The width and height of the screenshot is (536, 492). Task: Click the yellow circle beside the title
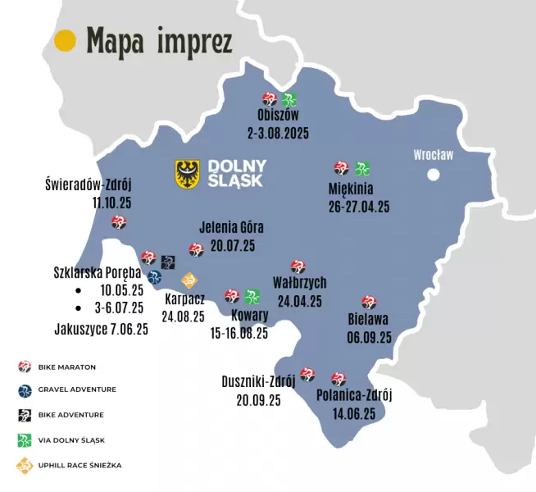[65, 40]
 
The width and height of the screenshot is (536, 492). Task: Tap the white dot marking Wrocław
[434, 174]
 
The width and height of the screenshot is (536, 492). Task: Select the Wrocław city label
[433, 154]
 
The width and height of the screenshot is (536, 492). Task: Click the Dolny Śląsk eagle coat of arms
[189, 173]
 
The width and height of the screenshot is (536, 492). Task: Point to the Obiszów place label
[278, 116]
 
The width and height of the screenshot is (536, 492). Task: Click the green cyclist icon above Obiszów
[289, 100]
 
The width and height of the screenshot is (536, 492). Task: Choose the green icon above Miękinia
[361, 169]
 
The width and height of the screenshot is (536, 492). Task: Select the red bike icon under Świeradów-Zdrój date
[119, 222]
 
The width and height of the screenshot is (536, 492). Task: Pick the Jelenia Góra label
[232, 227]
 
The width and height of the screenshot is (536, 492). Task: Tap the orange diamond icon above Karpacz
[189, 280]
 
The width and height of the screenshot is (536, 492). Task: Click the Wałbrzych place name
[299, 283]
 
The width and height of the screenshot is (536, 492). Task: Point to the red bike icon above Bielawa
[368, 303]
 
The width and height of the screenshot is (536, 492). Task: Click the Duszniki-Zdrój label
[258, 381]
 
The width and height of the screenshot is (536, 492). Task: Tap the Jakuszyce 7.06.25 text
[101, 329]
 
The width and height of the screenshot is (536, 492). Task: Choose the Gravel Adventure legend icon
[25, 389]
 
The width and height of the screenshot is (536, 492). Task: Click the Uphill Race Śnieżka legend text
[79, 465]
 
